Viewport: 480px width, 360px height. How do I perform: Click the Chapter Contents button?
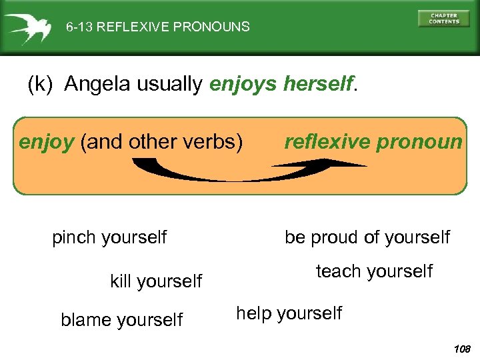click(x=443, y=18)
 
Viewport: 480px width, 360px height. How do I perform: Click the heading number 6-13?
click(x=79, y=27)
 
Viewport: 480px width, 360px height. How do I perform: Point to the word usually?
click(x=170, y=84)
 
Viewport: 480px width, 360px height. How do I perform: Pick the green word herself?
click(x=318, y=84)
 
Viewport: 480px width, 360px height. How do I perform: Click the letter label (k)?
click(x=43, y=85)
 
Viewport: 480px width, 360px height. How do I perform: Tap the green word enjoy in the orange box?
click(x=46, y=142)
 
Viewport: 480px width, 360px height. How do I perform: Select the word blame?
click(x=83, y=320)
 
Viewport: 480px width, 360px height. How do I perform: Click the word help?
click(x=254, y=313)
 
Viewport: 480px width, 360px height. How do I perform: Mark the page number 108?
click(x=461, y=349)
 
